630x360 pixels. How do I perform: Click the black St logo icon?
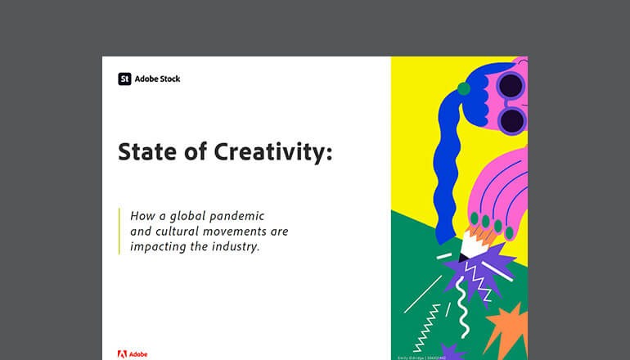click(x=124, y=79)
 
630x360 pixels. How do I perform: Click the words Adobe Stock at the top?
click(x=157, y=79)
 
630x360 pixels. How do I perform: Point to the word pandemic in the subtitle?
click(x=237, y=217)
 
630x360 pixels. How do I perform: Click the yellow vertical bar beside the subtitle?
click(x=119, y=232)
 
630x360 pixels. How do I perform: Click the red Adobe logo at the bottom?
click(x=122, y=354)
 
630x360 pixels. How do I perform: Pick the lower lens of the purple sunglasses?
click(x=511, y=121)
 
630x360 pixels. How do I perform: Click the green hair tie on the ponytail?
click(x=464, y=88)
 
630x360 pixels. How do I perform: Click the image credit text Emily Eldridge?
click(x=416, y=357)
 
